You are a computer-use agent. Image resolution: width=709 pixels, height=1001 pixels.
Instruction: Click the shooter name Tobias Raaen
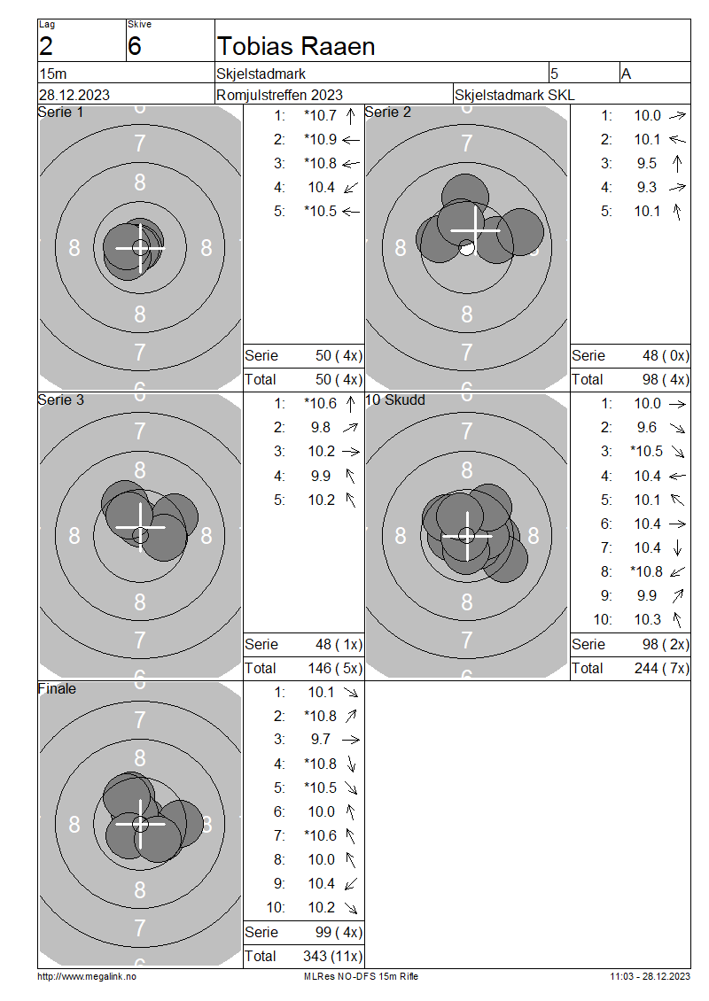pos(296,46)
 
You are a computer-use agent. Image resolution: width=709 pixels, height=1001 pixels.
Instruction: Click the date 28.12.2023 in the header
pos(74,95)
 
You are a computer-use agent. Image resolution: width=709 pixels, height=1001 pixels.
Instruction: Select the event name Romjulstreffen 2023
pos(279,95)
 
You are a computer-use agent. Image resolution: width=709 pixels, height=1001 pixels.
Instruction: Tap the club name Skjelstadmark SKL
pos(514,95)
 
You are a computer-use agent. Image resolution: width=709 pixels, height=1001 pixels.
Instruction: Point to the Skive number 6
pos(134,46)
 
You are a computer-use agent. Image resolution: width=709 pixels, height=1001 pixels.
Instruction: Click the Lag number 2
pos(46,46)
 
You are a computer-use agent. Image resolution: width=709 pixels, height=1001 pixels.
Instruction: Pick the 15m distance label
pos(52,74)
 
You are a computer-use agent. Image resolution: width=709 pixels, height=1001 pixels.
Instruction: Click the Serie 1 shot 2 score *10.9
pos(320,139)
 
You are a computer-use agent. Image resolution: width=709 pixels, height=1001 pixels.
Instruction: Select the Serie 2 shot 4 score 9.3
pos(646,187)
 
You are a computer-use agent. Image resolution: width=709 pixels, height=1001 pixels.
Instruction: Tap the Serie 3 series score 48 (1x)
pos(339,644)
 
